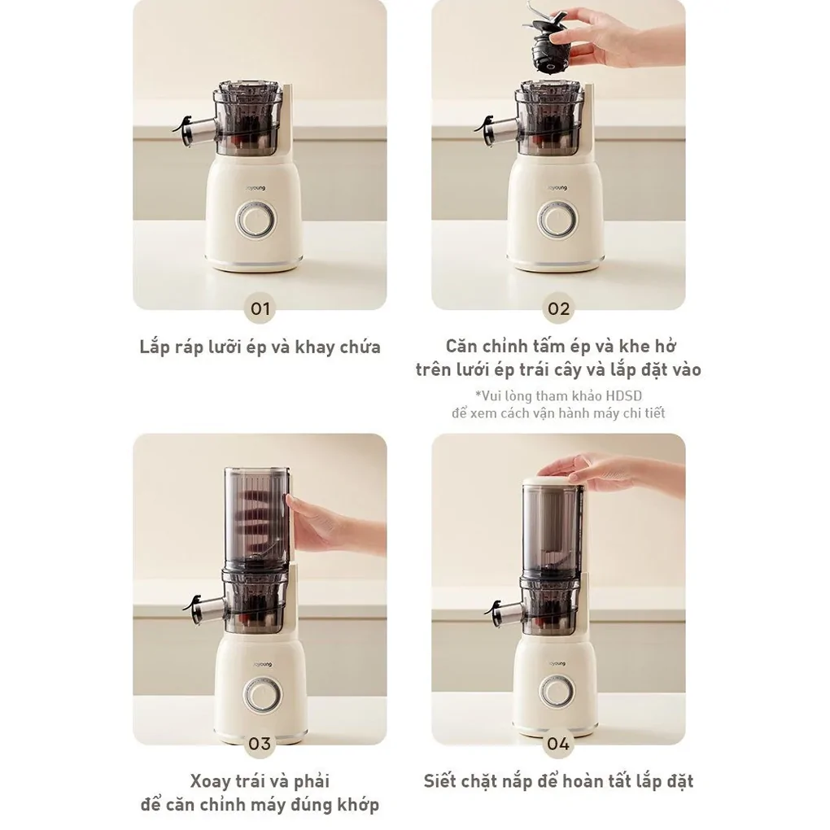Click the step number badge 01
pos(260,308)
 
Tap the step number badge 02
pos(558,308)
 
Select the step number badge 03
pos(260,743)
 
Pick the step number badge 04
pos(558,743)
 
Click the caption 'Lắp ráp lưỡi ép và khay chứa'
pos(260,347)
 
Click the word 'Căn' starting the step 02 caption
pos(461,347)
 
